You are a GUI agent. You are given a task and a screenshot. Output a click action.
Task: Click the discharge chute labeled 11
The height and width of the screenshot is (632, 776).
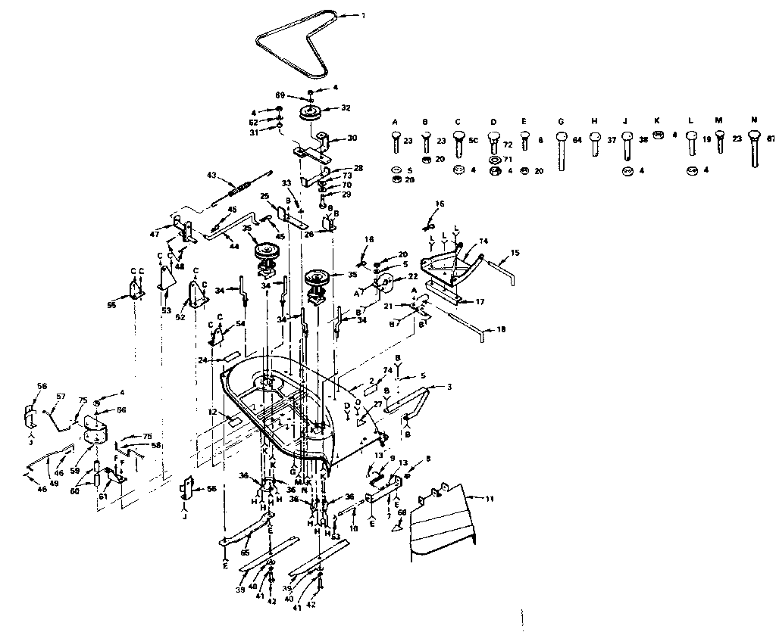(x=443, y=522)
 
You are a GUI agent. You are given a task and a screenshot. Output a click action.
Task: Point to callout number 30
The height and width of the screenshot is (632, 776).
(x=351, y=138)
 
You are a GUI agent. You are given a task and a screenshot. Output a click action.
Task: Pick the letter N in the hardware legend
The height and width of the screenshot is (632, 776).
(x=753, y=120)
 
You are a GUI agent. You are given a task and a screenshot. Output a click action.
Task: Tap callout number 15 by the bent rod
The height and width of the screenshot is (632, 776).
(x=515, y=252)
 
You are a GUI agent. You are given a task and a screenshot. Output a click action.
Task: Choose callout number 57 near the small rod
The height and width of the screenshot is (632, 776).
(x=61, y=395)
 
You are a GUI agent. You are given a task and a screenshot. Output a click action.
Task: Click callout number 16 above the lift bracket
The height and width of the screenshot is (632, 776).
(x=440, y=204)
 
